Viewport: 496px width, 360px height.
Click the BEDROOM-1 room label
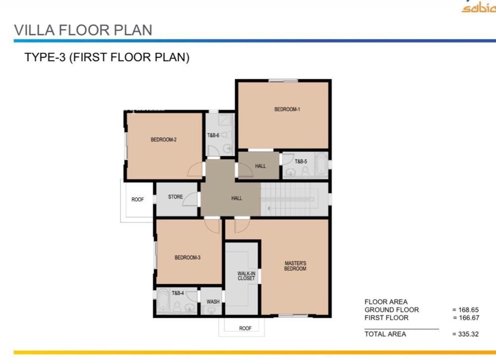[x=287, y=110]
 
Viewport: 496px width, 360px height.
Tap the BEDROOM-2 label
[x=164, y=139]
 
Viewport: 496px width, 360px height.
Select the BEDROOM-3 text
[x=187, y=257]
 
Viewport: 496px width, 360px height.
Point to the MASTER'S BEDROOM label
[x=296, y=266]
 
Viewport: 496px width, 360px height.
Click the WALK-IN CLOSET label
[x=247, y=276]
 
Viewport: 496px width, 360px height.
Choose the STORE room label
[x=176, y=197]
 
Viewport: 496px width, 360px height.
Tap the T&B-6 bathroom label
[x=213, y=135]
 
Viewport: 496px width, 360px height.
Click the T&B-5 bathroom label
[x=301, y=161]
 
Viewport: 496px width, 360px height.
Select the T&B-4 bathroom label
[x=178, y=293]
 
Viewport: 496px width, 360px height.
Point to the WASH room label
[x=213, y=301]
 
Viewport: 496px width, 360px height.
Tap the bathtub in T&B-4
[x=163, y=301]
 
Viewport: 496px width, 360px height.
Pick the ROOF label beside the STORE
[x=137, y=200]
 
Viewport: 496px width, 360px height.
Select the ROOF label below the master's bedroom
[x=245, y=328]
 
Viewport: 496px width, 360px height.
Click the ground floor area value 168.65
[x=468, y=310]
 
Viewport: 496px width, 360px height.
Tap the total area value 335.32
[x=468, y=334]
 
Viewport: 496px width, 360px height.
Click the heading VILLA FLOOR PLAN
[x=83, y=30]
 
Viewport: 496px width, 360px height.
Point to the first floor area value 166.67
[x=469, y=318]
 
